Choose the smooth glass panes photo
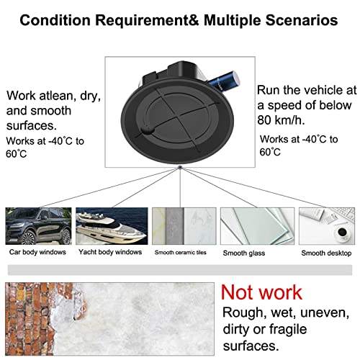[253, 225]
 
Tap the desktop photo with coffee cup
[325, 225]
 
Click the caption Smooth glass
[253, 253]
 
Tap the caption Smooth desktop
[326, 253]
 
